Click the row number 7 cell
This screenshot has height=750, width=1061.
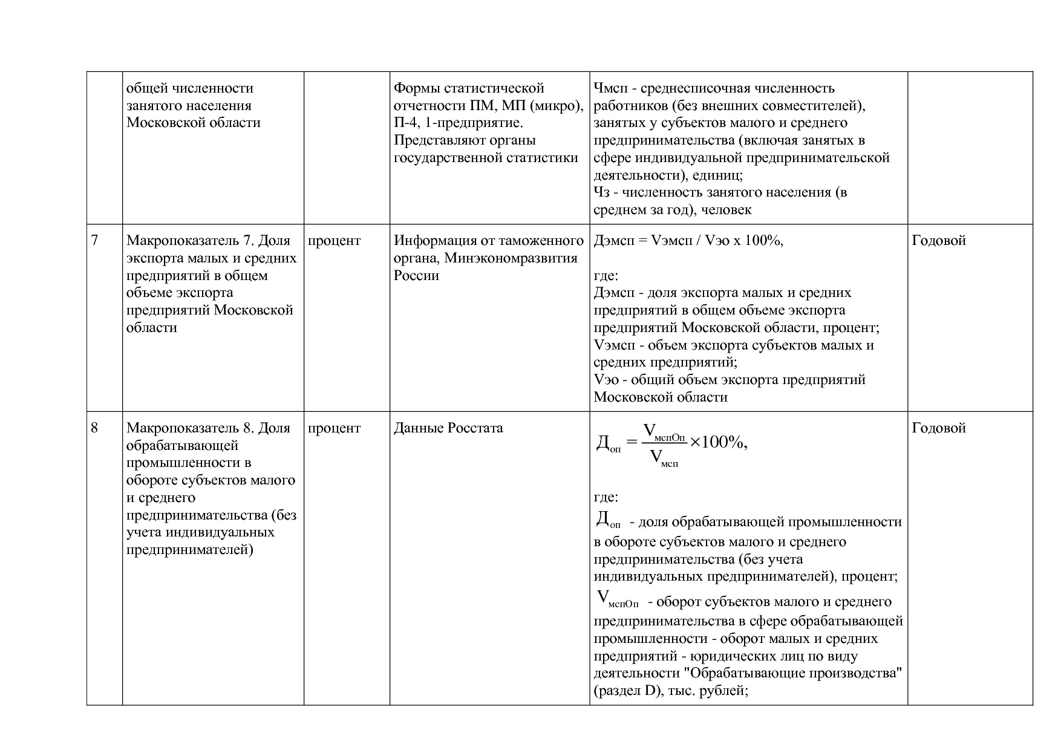[x=94, y=241]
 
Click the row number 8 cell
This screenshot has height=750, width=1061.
[x=94, y=428]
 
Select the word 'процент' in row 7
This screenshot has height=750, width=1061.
[x=334, y=241]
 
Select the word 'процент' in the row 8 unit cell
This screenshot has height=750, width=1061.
[x=334, y=428]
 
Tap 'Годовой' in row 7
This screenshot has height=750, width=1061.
[x=938, y=241]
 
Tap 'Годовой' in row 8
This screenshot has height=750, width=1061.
[x=938, y=428]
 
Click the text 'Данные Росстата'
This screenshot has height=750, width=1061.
[x=448, y=428]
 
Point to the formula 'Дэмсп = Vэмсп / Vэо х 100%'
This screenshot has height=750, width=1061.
[x=688, y=241]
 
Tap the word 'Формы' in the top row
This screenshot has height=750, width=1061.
[x=417, y=88]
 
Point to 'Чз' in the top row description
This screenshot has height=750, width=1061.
[x=601, y=192]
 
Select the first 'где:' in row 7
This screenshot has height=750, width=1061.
[x=606, y=276]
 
